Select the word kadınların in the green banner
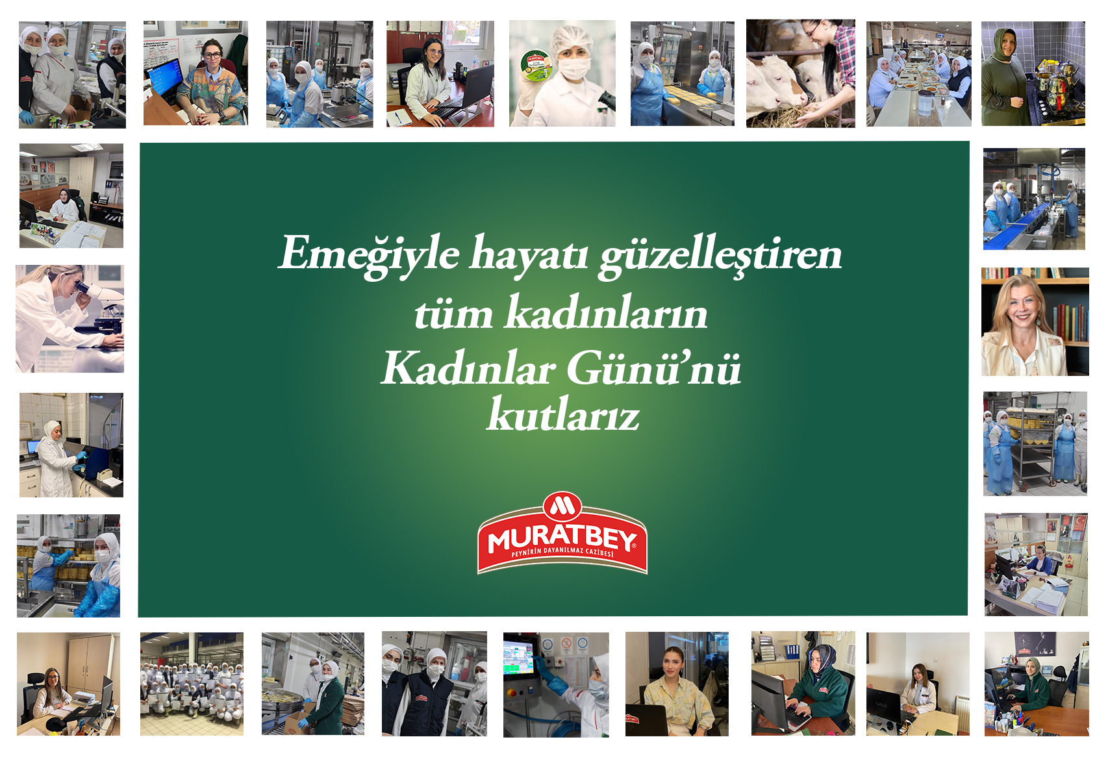click(606, 312)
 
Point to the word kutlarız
click(563, 414)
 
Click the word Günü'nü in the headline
click(653, 368)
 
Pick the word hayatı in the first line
click(529, 255)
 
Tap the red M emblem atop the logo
click(562, 505)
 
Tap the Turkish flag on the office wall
click(1078, 522)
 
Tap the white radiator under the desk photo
click(962, 715)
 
